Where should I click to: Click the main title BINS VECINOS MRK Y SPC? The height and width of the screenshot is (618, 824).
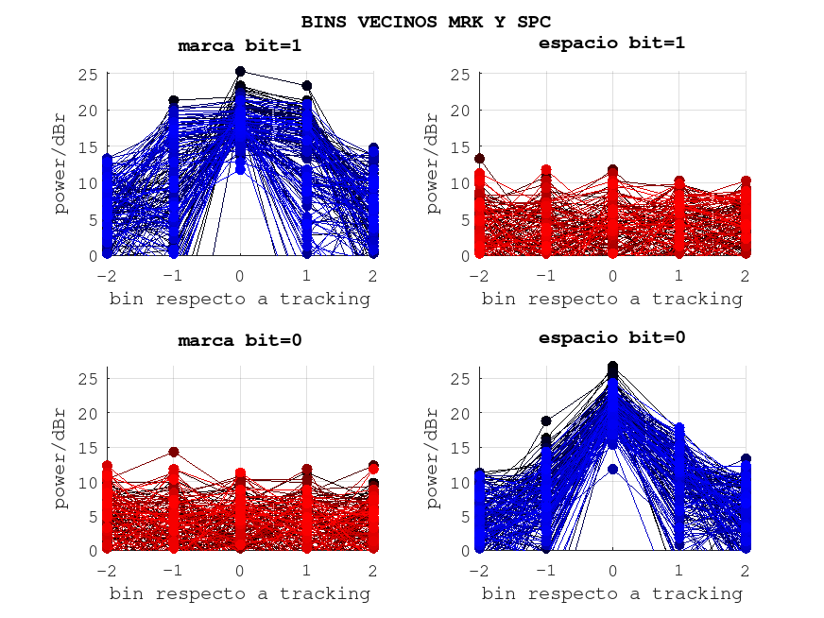pos(426,21)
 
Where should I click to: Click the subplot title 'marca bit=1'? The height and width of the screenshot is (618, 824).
pos(240,45)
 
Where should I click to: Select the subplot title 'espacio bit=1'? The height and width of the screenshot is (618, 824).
pos(611,43)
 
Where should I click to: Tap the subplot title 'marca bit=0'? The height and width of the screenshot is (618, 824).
pos(240,341)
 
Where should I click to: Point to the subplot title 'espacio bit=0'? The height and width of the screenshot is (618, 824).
pos(611,337)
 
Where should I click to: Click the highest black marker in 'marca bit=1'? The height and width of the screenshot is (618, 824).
pos(240,72)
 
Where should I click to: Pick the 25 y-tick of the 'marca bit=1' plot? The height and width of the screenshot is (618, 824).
pos(90,75)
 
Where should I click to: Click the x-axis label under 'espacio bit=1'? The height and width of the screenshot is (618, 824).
pos(611,299)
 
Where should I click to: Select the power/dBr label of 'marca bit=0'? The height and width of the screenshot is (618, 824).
pos(61,458)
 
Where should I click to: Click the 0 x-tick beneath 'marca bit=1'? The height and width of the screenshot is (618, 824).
pos(240,276)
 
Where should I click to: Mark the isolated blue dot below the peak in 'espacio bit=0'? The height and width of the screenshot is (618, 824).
pos(612,469)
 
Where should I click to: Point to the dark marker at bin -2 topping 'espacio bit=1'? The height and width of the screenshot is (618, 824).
pos(479,159)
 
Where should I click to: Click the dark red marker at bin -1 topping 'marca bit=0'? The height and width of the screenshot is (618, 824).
pos(174,453)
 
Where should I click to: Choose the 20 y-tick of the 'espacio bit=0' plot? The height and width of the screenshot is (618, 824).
pos(462,413)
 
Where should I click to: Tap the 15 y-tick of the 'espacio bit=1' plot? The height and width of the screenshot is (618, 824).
pos(462,147)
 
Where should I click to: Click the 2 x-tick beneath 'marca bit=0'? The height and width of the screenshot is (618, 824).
pos(373,571)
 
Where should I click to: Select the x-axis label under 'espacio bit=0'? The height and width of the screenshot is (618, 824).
pos(611,593)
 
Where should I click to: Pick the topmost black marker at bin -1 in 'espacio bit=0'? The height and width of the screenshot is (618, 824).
pos(546,421)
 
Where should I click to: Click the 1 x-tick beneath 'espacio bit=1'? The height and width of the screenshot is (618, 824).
pos(679,276)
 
